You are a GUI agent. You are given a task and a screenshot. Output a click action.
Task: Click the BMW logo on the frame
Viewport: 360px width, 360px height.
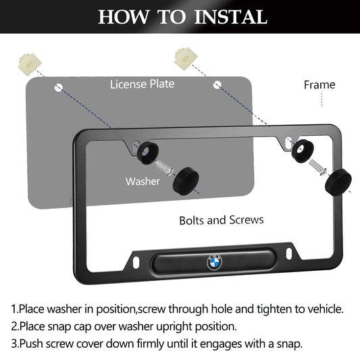pyautogui.click(x=214, y=262)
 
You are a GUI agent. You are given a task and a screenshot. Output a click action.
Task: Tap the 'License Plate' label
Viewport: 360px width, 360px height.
pyautogui.click(x=142, y=84)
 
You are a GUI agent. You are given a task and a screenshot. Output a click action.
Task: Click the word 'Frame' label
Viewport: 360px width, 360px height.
pyautogui.click(x=319, y=84)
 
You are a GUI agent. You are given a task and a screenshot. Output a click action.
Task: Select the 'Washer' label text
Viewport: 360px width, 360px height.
pyautogui.click(x=143, y=182)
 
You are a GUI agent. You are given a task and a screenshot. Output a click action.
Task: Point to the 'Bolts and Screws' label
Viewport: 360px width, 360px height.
pyautogui.click(x=222, y=220)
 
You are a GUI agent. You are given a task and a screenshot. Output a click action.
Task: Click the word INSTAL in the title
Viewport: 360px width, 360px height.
pyautogui.click(x=230, y=17)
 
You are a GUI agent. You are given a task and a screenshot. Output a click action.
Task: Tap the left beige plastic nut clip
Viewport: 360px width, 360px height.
pyautogui.click(x=30, y=63)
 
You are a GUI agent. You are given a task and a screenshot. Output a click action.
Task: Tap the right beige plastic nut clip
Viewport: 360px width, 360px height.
pyautogui.click(x=186, y=58)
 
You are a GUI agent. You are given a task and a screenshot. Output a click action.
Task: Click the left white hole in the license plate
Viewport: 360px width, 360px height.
pyautogui.click(x=58, y=88)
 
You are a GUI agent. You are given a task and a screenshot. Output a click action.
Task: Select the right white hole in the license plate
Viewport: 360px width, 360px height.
pyautogui.click(x=217, y=84)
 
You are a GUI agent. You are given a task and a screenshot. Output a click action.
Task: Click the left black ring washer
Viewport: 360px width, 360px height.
pyautogui.click(x=148, y=153)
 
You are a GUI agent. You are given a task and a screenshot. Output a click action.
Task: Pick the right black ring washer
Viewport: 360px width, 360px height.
pyautogui.click(x=303, y=151)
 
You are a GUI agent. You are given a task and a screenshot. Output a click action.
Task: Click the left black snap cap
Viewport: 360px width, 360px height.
pyautogui.click(x=186, y=181)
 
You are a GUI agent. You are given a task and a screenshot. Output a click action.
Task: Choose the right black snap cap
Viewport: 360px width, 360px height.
pyautogui.click(x=338, y=182)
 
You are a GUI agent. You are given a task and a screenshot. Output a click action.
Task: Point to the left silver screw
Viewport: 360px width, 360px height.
pyautogui.click(x=164, y=168)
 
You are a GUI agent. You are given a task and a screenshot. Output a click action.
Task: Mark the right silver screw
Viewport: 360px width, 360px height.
pyautogui.click(x=318, y=167)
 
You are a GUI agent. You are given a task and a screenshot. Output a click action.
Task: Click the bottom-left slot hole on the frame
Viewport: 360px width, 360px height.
pyautogui.click(x=136, y=262)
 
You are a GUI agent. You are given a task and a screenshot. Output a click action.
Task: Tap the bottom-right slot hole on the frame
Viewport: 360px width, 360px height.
pyautogui.click(x=289, y=254)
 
